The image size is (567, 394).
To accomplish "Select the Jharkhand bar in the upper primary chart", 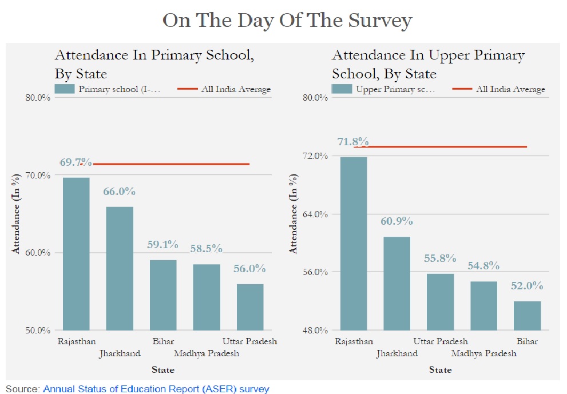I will [x=396, y=283].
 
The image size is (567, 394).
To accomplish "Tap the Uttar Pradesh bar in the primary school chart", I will [x=249, y=307].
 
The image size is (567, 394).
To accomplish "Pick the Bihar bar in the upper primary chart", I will [x=527, y=315].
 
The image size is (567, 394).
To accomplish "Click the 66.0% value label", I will [x=119, y=192].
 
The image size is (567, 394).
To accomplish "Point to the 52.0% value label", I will [x=527, y=286].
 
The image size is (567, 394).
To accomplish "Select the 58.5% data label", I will [x=206, y=248].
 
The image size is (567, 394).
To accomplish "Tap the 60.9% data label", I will [x=396, y=221].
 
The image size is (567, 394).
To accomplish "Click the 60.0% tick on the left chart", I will [x=39, y=253].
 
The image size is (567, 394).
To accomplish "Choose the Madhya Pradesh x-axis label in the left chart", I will [x=207, y=353].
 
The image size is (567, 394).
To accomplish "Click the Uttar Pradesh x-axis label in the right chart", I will [x=441, y=341].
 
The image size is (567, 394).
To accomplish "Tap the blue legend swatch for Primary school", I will [x=65, y=89].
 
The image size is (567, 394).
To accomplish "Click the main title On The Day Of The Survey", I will [x=287, y=21].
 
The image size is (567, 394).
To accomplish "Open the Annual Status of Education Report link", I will [x=156, y=389].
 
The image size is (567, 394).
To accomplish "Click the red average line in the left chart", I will [x=172, y=164].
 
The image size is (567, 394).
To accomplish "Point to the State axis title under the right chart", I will [x=440, y=370].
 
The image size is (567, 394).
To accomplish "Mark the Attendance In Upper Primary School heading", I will [x=428, y=64].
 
